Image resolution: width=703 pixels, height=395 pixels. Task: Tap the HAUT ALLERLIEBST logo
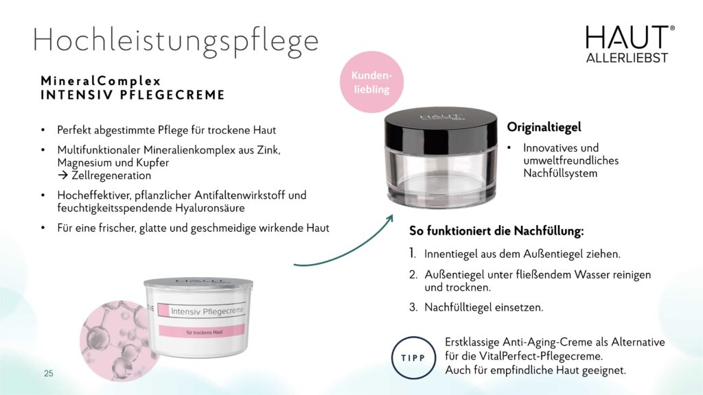click(630, 44)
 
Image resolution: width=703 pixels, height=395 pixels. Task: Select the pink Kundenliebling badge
click(371, 82)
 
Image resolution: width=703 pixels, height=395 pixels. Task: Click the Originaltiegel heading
click(544, 127)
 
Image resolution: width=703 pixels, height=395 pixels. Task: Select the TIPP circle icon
click(413, 358)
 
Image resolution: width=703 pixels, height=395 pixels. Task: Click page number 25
click(49, 373)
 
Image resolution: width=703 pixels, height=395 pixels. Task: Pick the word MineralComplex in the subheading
click(101, 81)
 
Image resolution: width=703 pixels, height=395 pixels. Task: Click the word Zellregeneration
click(111, 175)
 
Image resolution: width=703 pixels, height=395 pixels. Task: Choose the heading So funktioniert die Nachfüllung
click(496, 231)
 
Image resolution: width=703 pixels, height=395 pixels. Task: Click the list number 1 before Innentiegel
click(413, 254)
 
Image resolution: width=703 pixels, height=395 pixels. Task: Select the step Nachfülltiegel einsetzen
click(484, 307)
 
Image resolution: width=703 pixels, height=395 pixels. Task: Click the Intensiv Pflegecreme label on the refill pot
click(207, 311)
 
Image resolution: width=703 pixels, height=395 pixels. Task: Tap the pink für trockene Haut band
click(202, 332)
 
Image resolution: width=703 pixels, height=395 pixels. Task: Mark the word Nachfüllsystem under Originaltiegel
click(560, 173)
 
